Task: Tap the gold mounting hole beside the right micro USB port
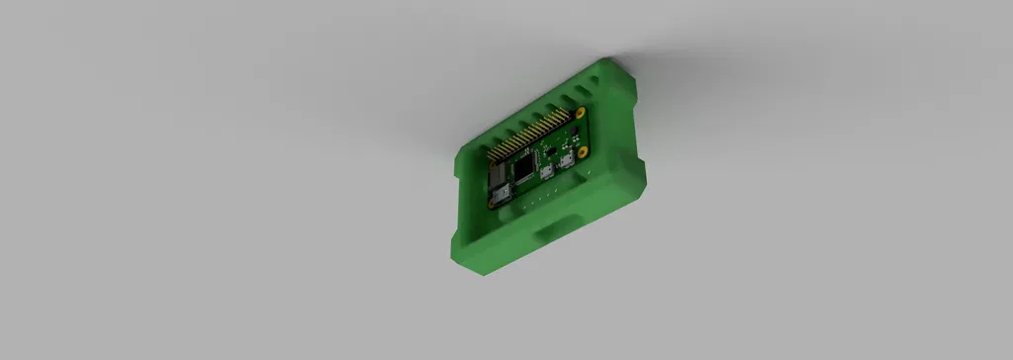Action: point(583,153)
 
